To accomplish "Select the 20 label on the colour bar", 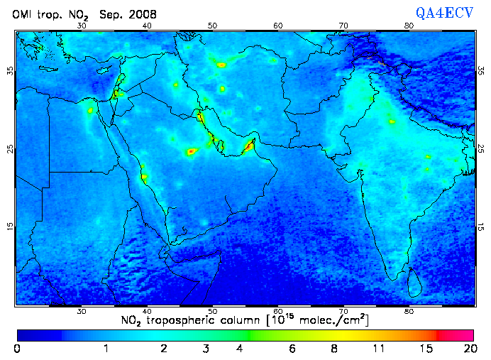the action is point(468,349).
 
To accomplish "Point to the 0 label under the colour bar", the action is point(17,349).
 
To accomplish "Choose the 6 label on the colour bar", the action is point(292,349).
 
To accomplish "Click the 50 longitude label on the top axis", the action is point(212,26).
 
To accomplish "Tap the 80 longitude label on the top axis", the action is point(409,26).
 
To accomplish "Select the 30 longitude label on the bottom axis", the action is point(82,311).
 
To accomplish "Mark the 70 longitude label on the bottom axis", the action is point(343,311).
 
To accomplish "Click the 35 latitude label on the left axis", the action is point(9,71).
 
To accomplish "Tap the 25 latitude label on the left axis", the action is point(9,149).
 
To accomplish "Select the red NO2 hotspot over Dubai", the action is point(249,146).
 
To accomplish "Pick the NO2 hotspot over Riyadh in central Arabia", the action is point(191,151).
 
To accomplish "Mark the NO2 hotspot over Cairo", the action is point(90,110).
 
